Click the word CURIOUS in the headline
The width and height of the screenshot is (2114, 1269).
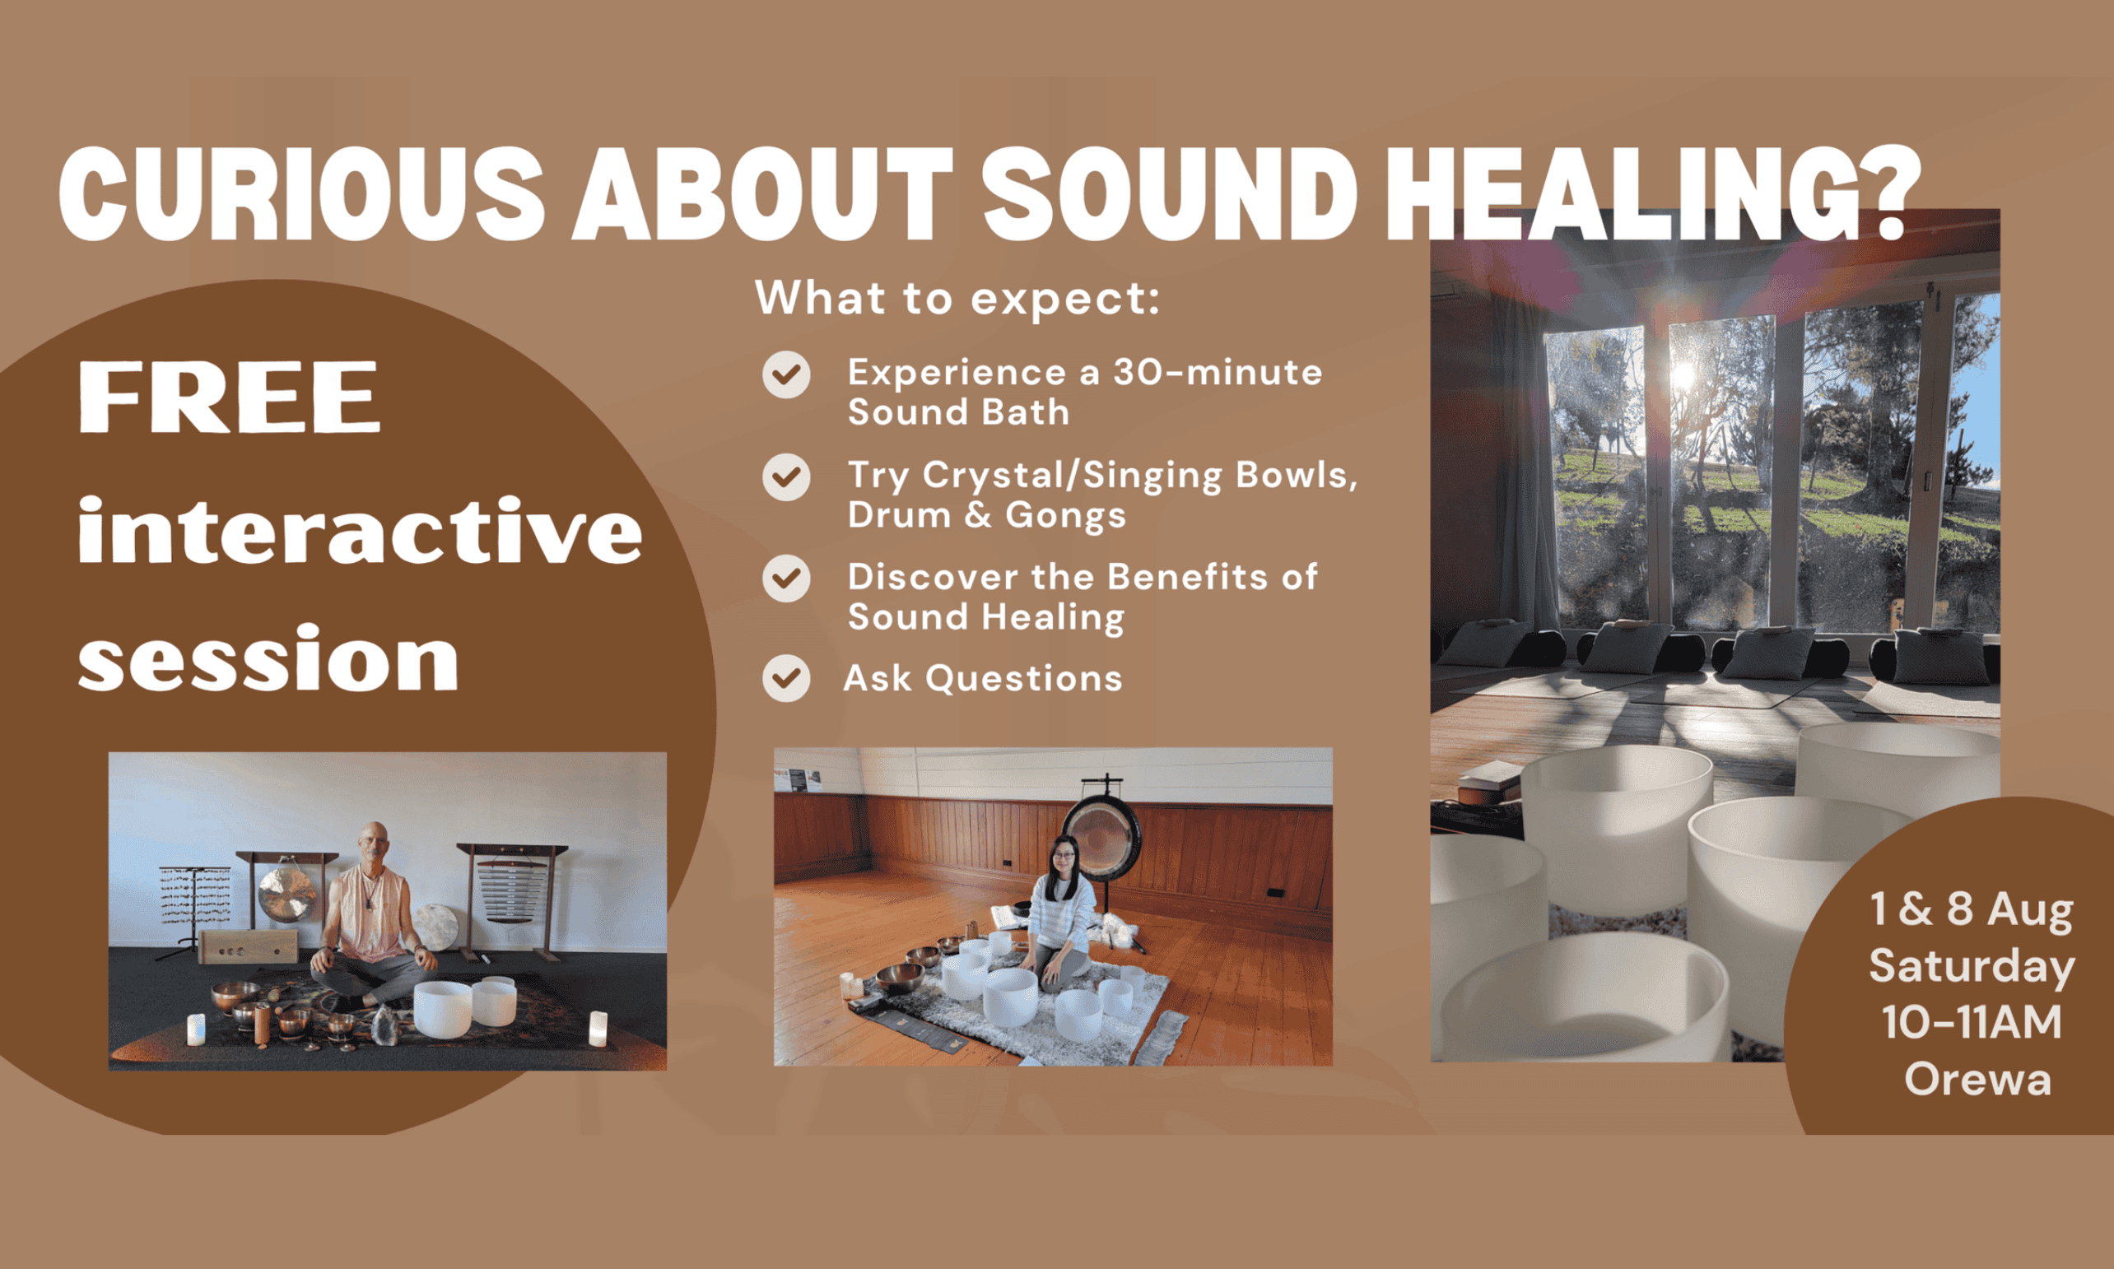(x=301, y=194)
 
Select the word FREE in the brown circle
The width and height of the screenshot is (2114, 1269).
(x=228, y=397)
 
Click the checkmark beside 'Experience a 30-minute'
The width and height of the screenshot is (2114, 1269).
(x=786, y=374)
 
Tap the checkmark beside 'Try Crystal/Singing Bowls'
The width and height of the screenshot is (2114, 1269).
(x=786, y=477)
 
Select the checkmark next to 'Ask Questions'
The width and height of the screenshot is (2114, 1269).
(x=786, y=679)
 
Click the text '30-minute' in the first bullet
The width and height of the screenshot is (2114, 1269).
(x=1217, y=373)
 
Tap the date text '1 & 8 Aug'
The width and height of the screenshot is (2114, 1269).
(x=1972, y=909)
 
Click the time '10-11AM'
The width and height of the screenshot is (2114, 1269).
(x=1972, y=1023)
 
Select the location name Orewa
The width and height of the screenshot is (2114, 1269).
(x=1977, y=1079)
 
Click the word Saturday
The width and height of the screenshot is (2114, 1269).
(x=1972, y=967)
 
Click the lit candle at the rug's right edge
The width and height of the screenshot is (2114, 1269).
(x=598, y=1029)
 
